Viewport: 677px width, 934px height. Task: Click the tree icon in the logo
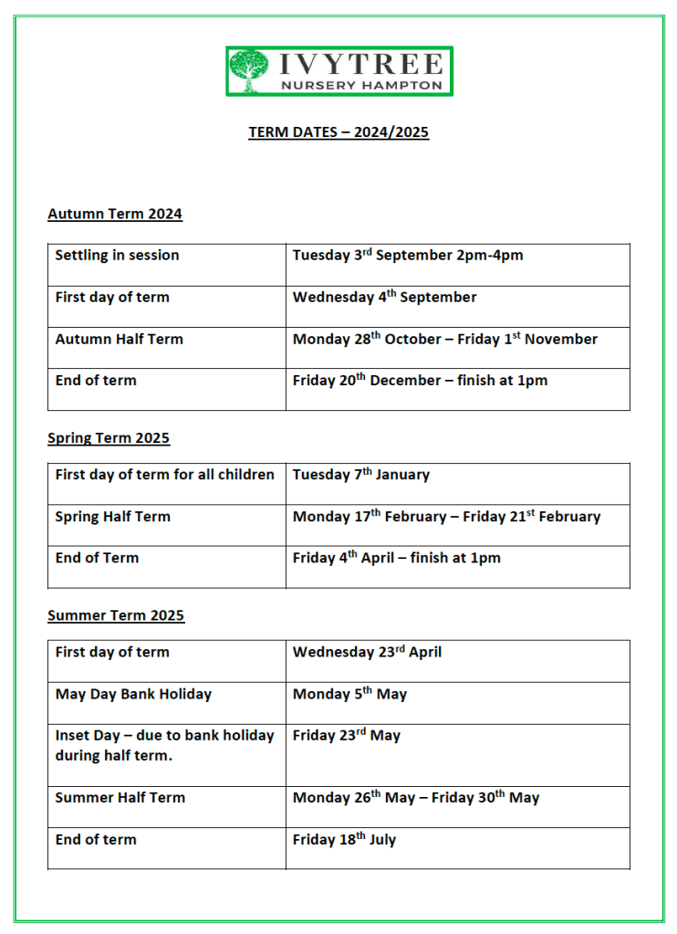click(x=248, y=70)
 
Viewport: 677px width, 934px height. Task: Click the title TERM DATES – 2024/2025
click(x=338, y=132)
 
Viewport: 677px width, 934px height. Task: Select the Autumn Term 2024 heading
click(x=115, y=215)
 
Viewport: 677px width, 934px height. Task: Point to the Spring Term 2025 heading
click(x=109, y=438)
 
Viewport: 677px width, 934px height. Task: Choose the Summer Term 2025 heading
click(x=116, y=615)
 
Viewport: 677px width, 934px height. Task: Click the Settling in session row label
click(x=117, y=256)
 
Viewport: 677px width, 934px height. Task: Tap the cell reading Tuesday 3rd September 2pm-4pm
click(x=408, y=256)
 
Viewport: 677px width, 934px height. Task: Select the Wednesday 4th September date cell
click(x=384, y=298)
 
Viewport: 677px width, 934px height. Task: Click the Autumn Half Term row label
click(x=119, y=340)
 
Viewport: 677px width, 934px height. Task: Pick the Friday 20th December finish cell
click(x=420, y=381)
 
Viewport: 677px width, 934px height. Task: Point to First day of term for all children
click(x=164, y=475)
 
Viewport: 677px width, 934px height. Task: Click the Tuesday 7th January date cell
click(x=360, y=475)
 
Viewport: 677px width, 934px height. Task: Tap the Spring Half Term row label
click(x=112, y=517)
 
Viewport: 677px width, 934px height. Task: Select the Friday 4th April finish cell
click(x=396, y=558)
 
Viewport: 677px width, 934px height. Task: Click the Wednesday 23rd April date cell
click(x=367, y=653)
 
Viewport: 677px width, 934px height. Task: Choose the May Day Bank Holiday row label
click(x=133, y=695)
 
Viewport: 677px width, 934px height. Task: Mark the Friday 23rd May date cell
click(x=346, y=736)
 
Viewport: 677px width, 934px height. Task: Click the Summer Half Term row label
click(x=120, y=798)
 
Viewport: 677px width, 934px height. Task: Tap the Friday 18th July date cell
click(x=344, y=840)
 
